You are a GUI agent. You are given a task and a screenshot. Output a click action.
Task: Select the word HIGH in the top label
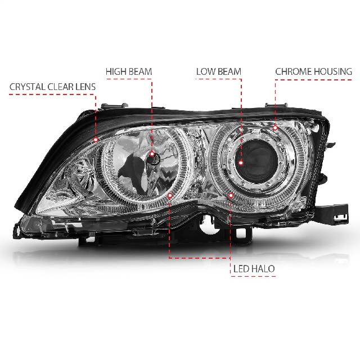[116, 71]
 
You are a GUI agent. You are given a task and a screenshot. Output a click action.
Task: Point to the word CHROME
[293, 71]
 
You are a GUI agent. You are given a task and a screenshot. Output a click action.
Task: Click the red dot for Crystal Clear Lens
[96, 139]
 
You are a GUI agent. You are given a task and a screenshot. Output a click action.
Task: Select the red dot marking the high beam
[152, 154]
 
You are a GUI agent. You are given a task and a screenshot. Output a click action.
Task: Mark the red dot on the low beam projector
[241, 163]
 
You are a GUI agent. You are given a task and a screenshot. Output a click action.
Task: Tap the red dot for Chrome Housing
[275, 128]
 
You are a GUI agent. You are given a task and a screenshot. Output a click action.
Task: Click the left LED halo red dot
[170, 195]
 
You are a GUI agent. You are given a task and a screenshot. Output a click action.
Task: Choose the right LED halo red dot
[231, 195]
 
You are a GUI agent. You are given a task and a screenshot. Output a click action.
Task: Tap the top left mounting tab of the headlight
[114, 106]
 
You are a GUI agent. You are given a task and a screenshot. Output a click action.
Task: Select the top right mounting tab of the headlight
[276, 105]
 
